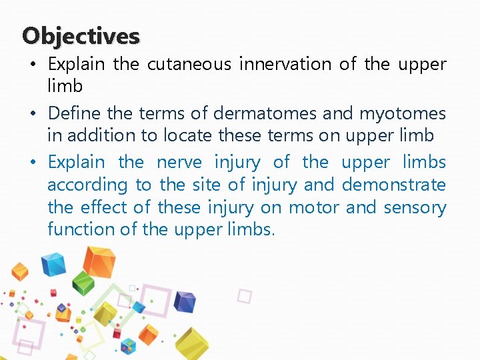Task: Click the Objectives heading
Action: pos(81,35)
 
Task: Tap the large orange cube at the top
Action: pos(99,261)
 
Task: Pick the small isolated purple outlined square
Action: pos(245,296)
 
